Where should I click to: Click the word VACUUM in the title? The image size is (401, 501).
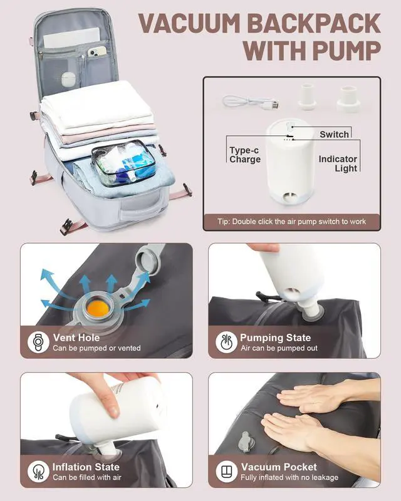coord(190,23)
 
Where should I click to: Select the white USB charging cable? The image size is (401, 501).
coord(251,102)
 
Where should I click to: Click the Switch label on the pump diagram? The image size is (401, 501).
coord(334,134)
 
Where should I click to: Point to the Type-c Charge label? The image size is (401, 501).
coord(244,155)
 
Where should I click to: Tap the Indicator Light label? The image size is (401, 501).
coord(338,163)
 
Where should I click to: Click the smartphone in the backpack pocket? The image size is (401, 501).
coord(96,51)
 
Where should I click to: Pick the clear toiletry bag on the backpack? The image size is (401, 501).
coord(123,163)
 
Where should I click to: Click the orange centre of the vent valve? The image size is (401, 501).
coord(98,308)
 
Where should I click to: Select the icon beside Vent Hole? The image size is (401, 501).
coord(38,342)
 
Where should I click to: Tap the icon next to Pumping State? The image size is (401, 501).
coord(226,342)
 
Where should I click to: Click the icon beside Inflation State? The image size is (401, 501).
coord(38,472)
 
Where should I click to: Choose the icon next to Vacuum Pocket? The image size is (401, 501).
coord(226,472)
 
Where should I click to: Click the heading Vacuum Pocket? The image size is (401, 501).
coord(279,467)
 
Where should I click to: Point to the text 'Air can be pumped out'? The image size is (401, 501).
coord(279,348)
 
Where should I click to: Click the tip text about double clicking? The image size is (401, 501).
coord(291,222)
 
